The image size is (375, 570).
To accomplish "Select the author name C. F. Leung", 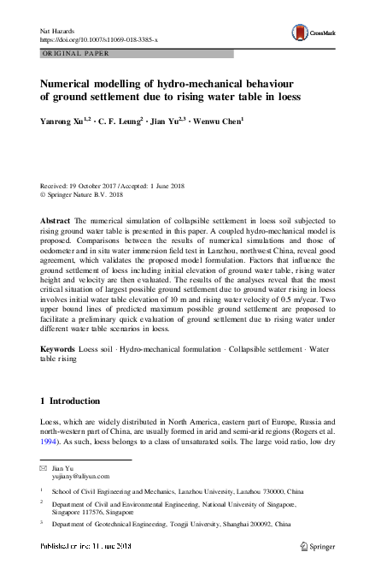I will point(126,122).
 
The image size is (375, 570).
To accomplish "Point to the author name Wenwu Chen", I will point(218,122).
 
